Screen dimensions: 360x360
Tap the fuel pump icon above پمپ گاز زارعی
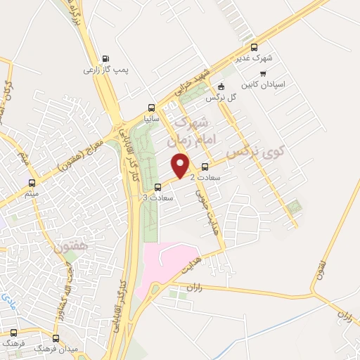point(105,59)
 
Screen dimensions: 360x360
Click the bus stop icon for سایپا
point(152,108)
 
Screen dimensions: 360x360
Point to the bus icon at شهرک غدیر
point(255,47)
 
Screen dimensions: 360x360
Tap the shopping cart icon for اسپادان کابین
point(263,73)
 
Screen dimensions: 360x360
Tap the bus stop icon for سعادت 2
point(205,167)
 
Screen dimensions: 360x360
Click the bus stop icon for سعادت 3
point(157,187)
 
